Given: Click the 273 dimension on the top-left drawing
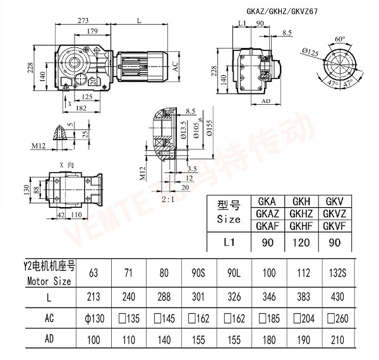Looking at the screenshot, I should click(x=82, y=21).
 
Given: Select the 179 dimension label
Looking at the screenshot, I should click(x=92, y=32).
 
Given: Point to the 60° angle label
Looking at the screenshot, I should click(x=340, y=39).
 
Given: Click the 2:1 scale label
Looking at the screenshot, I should click(x=169, y=200).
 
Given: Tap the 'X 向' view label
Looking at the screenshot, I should click(x=64, y=163).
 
